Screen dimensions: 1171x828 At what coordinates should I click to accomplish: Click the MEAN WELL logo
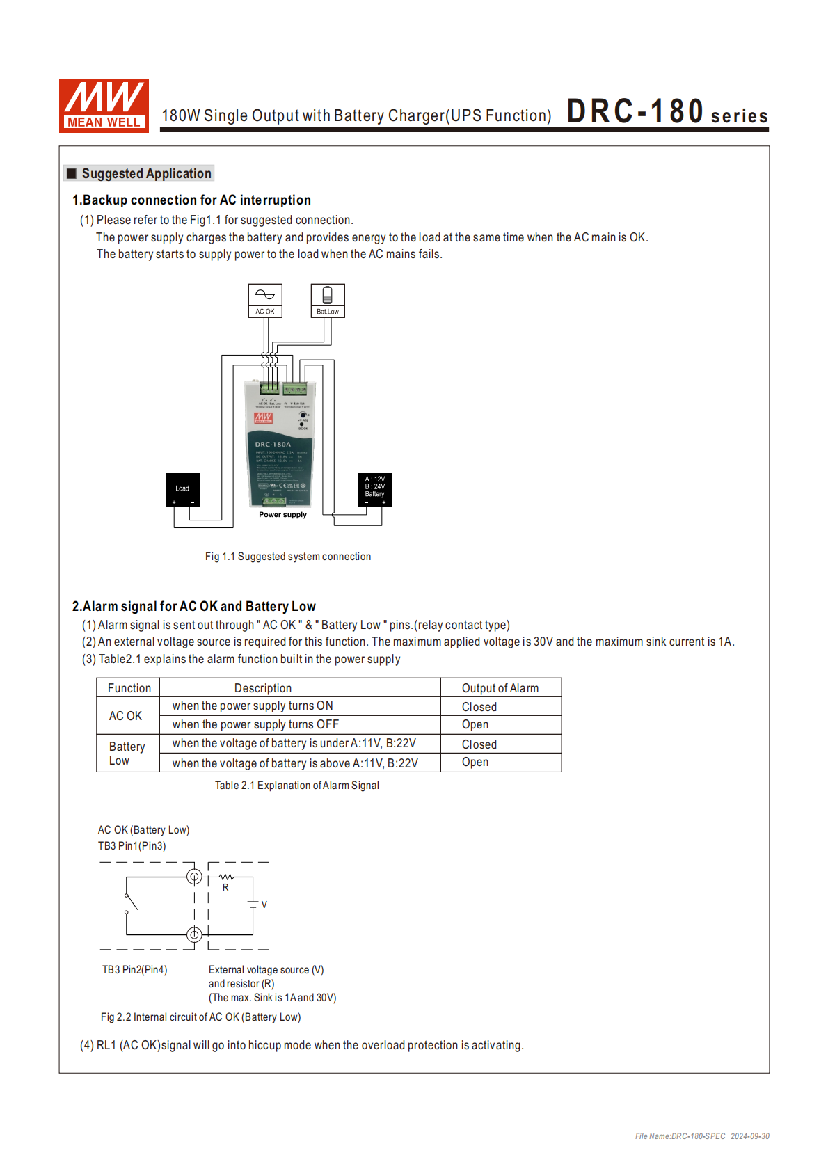click(x=104, y=106)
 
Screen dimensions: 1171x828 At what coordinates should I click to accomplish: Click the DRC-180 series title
click(x=667, y=112)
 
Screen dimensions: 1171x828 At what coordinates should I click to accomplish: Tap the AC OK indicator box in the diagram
click(x=265, y=301)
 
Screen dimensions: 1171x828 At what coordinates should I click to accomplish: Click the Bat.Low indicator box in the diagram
click(x=328, y=301)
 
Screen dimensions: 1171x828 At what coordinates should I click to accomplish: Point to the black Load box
click(x=182, y=490)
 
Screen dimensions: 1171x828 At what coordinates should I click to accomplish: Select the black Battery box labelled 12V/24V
click(x=374, y=489)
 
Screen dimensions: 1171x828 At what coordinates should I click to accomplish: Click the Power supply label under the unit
click(x=282, y=515)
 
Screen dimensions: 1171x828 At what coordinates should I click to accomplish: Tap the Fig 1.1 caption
click(x=287, y=557)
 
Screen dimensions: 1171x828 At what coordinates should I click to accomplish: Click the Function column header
click(x=129, y=688)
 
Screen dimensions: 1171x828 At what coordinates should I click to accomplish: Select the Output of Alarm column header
click(x=500, y=688)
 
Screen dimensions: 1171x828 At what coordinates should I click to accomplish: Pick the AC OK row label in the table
click(x=125, y=716)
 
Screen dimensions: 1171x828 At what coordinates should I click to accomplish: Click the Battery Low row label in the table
click(x=127, y=754)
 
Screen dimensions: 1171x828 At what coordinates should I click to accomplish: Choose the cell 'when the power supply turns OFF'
click(x=255, y=725)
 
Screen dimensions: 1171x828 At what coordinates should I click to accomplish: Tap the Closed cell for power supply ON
click(x=479, y=707)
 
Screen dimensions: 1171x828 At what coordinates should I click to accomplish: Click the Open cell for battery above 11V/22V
click(x=475, y=763)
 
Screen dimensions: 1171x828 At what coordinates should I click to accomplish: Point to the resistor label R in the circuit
click(x=225, y=888)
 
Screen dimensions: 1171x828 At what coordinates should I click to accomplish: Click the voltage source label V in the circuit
click(x=264, y=905)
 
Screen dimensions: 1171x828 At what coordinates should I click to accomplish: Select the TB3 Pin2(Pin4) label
click(x=134, y=970)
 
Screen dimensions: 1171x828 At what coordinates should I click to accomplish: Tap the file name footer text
click(x=701, y=1136)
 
